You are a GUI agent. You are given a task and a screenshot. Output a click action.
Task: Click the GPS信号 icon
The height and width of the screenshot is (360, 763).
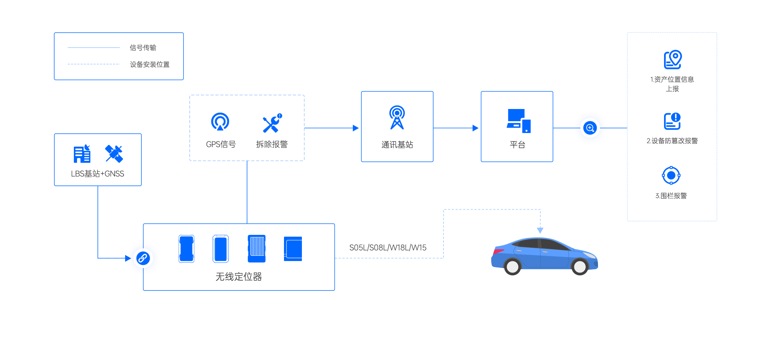(220, 122)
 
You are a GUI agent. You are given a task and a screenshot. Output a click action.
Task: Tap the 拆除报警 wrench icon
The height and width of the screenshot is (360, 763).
(272, 123)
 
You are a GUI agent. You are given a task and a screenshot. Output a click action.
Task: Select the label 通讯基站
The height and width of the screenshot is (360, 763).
(397, 145)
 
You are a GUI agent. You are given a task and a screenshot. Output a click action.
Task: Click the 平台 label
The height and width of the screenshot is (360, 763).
(517, 145)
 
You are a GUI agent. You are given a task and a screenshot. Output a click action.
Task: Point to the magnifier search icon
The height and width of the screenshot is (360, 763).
(590, 128)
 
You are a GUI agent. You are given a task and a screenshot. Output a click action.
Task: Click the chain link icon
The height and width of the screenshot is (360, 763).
(143, 258)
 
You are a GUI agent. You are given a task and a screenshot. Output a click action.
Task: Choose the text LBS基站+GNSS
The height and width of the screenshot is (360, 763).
(98, 174)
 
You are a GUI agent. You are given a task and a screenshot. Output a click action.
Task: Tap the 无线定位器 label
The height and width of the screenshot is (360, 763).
(238, 277)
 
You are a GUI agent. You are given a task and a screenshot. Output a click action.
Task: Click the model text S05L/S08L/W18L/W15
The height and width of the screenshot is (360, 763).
(388, 248)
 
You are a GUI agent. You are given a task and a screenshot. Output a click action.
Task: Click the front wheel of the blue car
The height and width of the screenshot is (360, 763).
(580, 267)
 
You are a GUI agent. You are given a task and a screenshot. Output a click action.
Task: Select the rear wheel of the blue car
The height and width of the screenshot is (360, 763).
(512, 267)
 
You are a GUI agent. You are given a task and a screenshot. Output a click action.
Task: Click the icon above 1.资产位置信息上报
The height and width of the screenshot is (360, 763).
(673, 60)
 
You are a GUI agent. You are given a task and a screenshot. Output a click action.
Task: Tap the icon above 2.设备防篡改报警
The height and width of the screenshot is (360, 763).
(672, 121)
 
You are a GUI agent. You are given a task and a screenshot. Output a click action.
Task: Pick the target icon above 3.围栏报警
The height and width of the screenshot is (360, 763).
(671, 175)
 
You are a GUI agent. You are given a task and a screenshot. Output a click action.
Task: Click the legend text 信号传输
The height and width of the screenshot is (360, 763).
(143, 48)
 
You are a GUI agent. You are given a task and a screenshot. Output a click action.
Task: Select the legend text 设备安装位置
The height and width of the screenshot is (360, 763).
(150, 65)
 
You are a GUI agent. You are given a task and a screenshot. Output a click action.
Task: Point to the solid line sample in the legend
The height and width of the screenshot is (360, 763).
(94, 47)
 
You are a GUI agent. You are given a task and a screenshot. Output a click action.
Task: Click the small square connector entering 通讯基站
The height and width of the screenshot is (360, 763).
(356, 128)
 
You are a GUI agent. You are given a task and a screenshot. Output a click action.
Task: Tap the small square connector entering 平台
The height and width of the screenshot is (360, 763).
(475, 128)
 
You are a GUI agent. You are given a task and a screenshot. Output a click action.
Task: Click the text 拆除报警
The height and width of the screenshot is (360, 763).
(272, 144)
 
